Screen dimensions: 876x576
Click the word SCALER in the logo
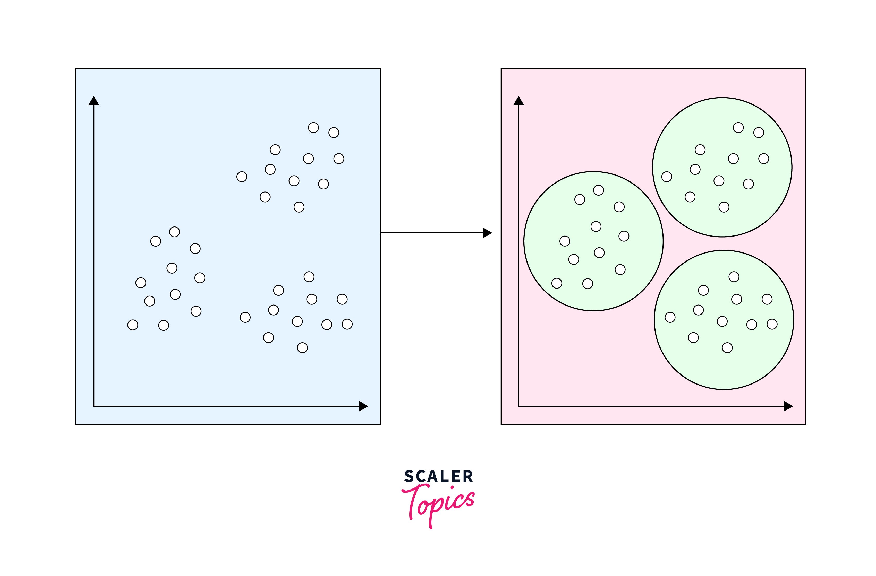438,476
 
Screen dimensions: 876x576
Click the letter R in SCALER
468,476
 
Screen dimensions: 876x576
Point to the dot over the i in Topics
452,488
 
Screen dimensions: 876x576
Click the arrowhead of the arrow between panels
487,233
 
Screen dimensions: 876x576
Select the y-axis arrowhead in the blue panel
94,101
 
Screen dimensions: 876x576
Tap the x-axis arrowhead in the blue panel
363,406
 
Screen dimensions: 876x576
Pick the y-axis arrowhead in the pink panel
518,101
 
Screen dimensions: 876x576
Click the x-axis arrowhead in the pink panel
788,406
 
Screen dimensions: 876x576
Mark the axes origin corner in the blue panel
94,406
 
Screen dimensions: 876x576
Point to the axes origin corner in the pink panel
518,406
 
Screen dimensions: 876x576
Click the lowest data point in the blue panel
302,348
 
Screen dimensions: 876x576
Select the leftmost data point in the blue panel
132,325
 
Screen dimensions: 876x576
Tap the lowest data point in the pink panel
727,348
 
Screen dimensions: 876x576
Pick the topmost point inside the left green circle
599,190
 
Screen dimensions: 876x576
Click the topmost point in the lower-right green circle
734,277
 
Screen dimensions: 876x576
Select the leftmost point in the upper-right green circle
667,177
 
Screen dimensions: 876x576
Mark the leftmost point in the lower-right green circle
670,317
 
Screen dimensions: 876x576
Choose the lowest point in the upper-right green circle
724,207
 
